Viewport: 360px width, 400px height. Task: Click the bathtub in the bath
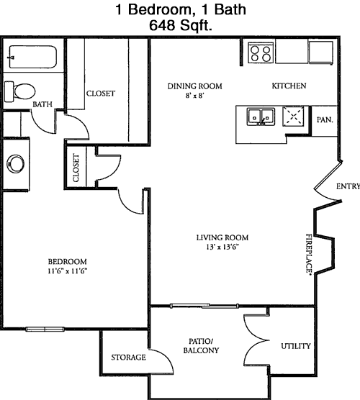[32, 57]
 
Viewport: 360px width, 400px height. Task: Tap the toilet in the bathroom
[19, 91]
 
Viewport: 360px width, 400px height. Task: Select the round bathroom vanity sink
[16, 163]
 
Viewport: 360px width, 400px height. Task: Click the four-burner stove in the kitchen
[261, 53]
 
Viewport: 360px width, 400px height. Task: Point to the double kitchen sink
[261, 117]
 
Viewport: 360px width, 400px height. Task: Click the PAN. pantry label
[325, 119]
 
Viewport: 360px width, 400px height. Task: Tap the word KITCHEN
[289, 86]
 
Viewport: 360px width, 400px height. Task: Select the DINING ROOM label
[195, 86]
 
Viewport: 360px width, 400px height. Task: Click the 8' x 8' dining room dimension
[195, 96]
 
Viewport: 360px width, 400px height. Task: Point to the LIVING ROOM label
[222, 237]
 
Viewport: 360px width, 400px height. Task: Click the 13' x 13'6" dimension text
[222, 247]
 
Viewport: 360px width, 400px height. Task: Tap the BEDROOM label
[68, 261]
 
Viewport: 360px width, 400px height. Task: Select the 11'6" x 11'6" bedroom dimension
[68, 271]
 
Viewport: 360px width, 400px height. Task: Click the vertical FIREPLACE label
[309, 254]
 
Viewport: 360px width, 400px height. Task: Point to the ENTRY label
[348, 186]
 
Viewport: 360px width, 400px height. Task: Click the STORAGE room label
[128, 358]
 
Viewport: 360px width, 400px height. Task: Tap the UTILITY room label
[296, 346]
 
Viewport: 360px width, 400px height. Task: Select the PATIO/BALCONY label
[201, 346]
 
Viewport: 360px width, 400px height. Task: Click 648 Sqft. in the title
[181, 25]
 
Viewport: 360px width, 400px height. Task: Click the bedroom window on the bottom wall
[45, 329]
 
